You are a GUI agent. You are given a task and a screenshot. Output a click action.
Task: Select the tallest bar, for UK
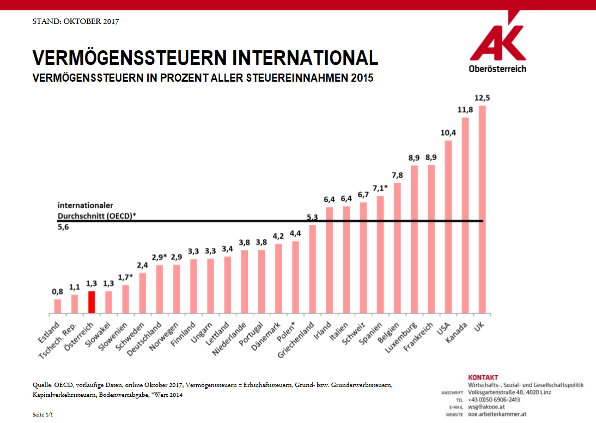pos(482,210)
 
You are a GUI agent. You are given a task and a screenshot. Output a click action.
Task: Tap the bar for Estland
pos(58,306)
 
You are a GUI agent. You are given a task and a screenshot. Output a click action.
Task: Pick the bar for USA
pos(448,227)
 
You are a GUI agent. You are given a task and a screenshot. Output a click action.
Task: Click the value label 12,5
pos(482,98)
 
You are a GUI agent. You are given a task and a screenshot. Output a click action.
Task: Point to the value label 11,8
pos(465,110)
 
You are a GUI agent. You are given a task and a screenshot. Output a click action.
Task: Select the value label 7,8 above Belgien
pos(397,175)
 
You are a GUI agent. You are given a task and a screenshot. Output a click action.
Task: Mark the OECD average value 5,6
pos(64,227)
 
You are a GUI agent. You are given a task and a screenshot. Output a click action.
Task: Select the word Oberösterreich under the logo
pos(497,69)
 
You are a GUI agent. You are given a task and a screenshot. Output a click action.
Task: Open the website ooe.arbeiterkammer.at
pos(497,414)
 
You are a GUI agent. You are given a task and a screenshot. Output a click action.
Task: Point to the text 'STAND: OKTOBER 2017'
pos(76,22)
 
